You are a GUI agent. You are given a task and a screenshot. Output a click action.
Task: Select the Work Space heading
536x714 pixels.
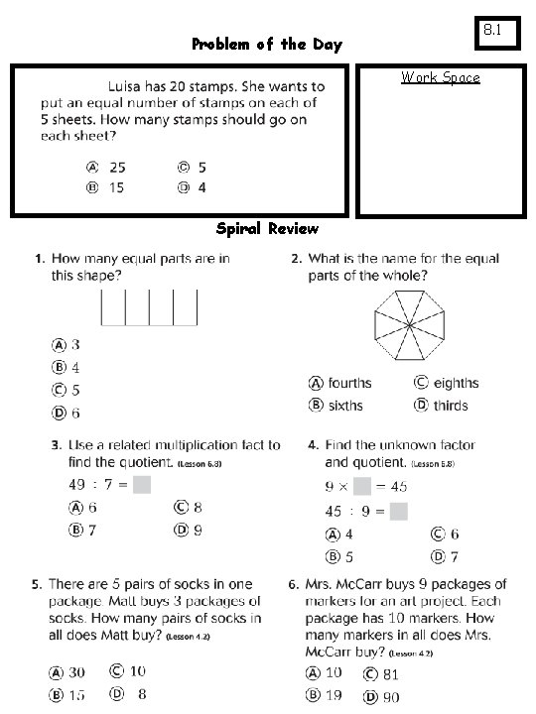point(440,77)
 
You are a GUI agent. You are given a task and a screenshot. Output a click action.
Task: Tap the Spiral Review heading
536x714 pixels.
point(267,229)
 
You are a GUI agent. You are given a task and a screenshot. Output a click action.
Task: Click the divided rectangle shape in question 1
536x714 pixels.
point(149,306)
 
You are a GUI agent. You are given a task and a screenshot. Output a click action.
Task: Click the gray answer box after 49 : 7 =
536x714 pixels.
point(142,485)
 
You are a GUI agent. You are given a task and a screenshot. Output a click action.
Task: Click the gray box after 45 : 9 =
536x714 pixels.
point(398,512)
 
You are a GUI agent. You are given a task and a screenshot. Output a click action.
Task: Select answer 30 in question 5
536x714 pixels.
point(67,671)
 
